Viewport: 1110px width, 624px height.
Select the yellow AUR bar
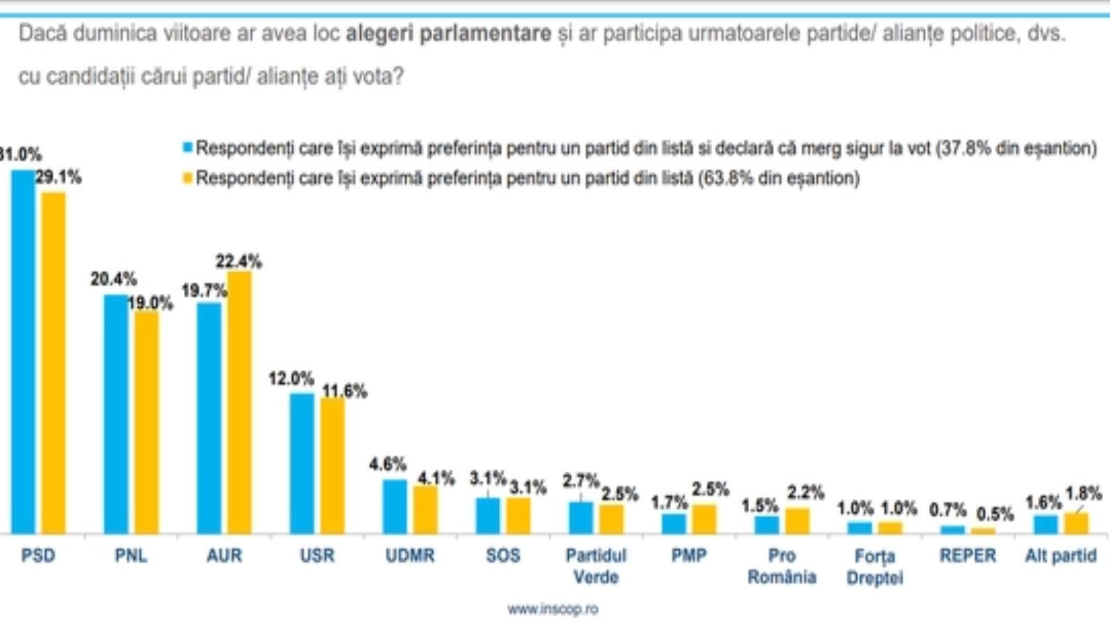click(239, 402)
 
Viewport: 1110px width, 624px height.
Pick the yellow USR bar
click(332, 466)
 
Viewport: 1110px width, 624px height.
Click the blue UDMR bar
click(395, 506)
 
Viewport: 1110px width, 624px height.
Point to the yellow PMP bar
click(704, 519)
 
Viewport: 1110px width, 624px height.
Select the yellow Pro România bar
click(797, 521)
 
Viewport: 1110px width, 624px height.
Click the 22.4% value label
click(239, 261)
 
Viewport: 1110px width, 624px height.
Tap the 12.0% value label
click(291, 379)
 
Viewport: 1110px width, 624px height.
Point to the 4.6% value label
click(387, 464)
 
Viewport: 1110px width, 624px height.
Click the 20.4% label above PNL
click(113, 279)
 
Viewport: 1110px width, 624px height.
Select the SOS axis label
click(503, 555)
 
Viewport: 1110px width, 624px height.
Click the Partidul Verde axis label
click(596, 566)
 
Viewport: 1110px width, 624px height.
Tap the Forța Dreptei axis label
click(875, 566)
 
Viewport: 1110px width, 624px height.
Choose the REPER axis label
click(968, 555)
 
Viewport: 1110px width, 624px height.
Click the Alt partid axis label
click(1061, 555)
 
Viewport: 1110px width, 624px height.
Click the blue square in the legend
click(187, 148)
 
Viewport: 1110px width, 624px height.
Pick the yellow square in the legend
click(187, 178)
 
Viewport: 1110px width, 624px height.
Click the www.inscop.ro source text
click(552, 609)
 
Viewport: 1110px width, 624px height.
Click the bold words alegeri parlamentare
click(448, 33)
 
